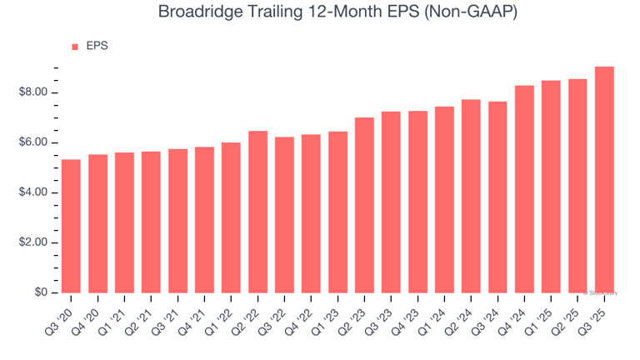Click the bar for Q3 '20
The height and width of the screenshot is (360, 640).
(x=71, y=226)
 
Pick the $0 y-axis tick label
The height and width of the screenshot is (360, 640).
(x=40, y=292)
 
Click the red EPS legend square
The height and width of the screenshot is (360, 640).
(x=75, y=47)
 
